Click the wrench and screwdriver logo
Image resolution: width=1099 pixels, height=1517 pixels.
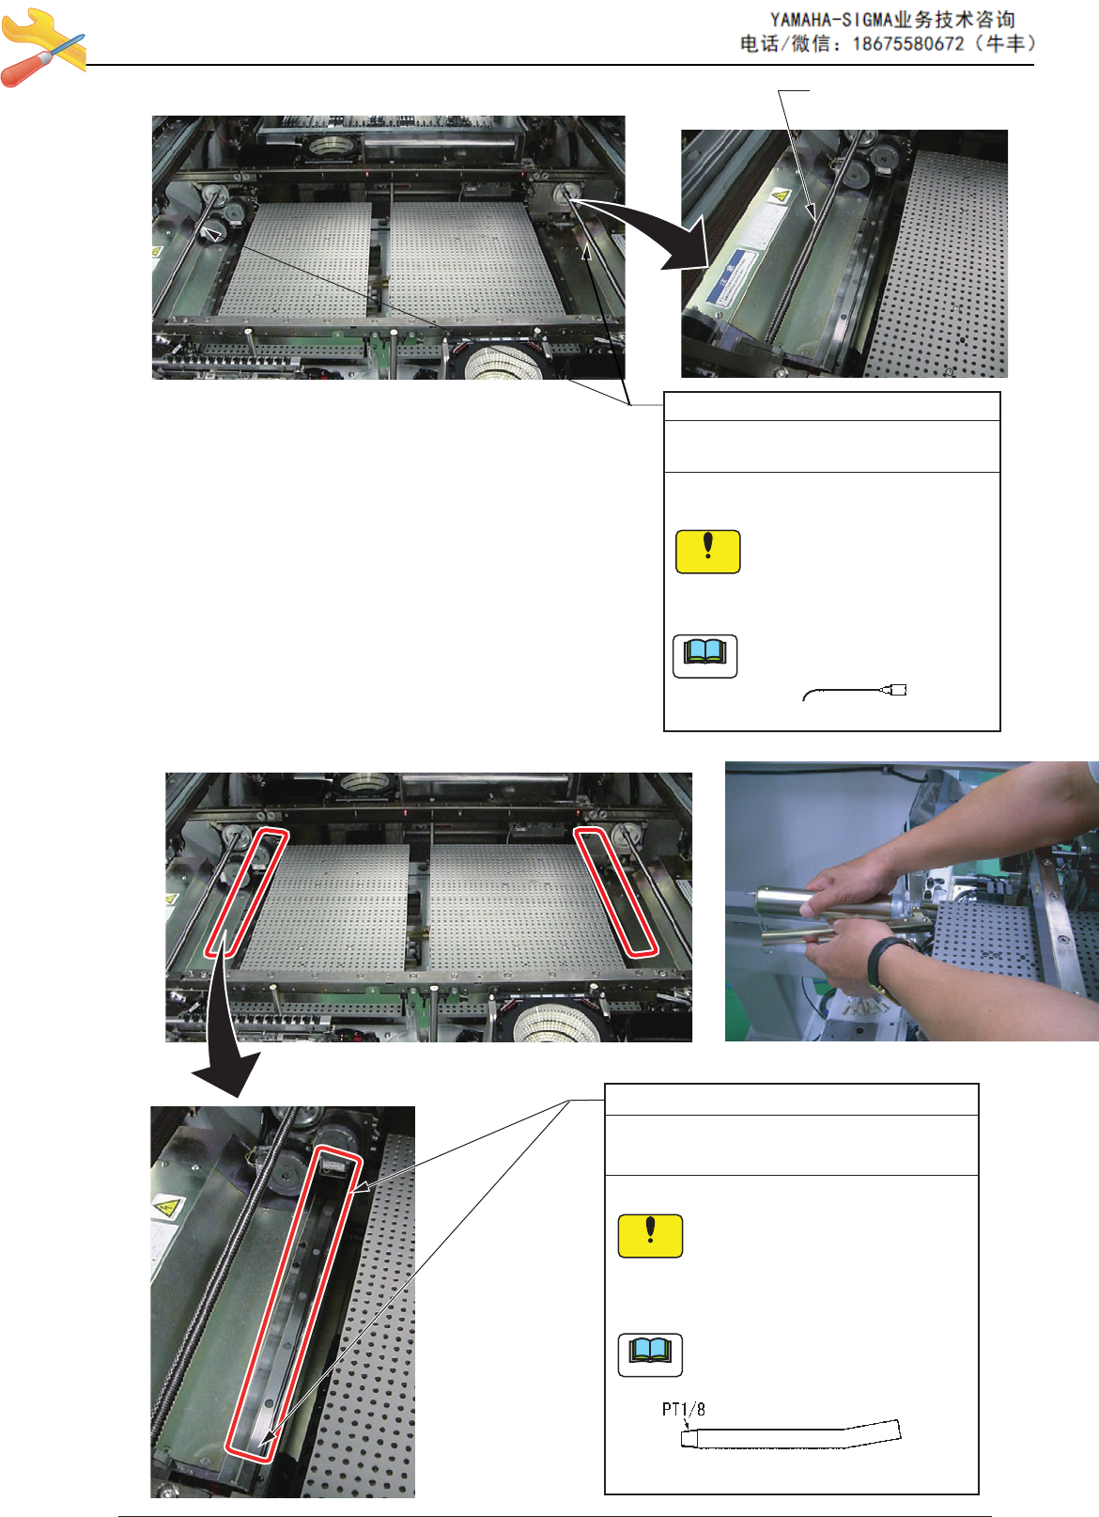click(x=42, y=47)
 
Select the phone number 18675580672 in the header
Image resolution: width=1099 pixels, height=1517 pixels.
click(x=908, y=44)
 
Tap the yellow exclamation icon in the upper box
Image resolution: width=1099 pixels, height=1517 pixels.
click(x=708, y=552)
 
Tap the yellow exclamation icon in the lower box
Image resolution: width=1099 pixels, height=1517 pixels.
click(x=650, y=1236)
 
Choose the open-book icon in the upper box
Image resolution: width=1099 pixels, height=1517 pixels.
click(x=705, y=656)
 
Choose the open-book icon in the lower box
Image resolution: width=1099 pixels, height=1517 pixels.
click(x=650, y=1355)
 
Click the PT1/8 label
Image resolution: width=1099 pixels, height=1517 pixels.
click(x=684, y=1409)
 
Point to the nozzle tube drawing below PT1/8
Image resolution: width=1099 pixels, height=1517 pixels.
click(x=791, y=1433)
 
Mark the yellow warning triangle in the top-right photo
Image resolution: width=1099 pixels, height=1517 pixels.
click(x=781, y=195)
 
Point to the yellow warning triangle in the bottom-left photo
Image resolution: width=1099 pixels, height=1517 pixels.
click(x=167, y=1207)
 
